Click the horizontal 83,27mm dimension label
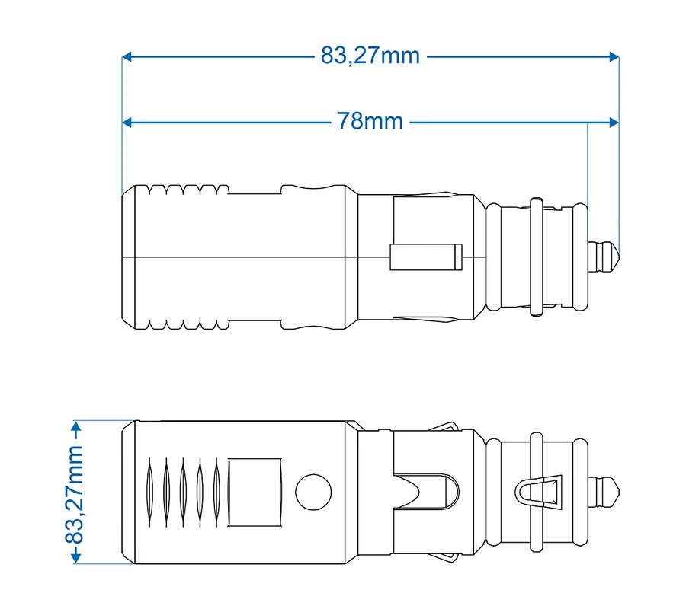[370, 56]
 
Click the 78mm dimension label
[370, 122]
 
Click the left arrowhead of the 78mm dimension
[127, 123]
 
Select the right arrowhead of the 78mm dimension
[614, 123]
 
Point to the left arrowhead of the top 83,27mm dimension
[127, 57]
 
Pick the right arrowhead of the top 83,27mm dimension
[614, 57]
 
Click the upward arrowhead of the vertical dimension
[76, 426]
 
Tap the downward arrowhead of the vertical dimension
[76, 558]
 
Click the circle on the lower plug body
[313, 492]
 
